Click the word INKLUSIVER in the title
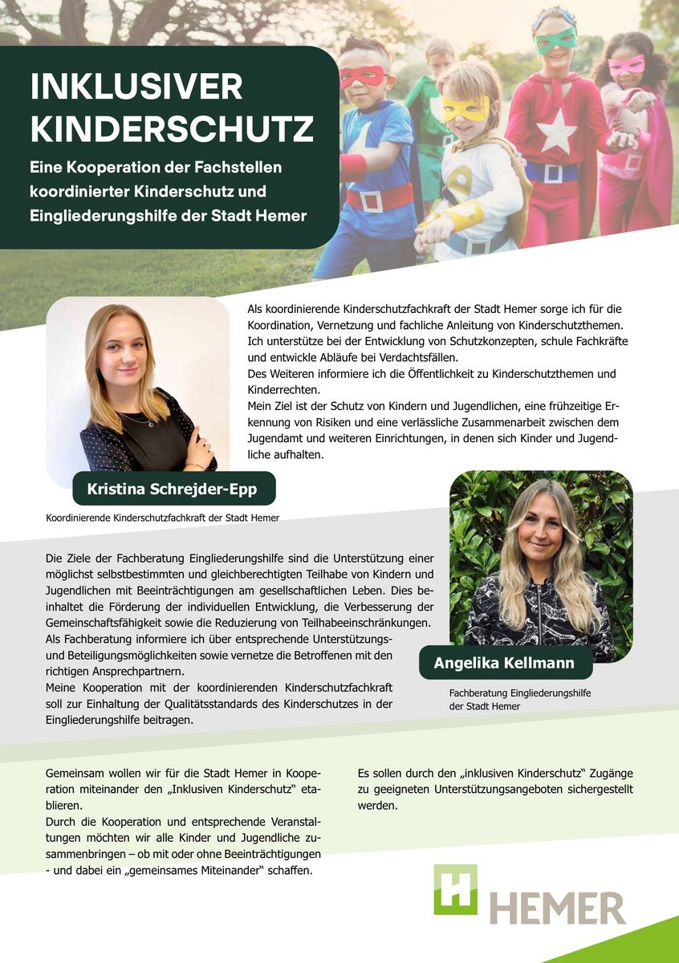coord(136,86)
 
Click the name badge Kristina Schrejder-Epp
coord(174,488)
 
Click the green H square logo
coord(455,889)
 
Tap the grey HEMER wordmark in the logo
coord(558,907)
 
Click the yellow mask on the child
coord(466,108)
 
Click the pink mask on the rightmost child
coord(626,65)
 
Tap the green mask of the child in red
coord(556,39)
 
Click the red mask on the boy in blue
coord(362,76)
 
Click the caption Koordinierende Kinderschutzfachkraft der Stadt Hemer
coord(163,518)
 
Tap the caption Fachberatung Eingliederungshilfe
coord(520,693)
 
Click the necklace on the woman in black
coord(136,419)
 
